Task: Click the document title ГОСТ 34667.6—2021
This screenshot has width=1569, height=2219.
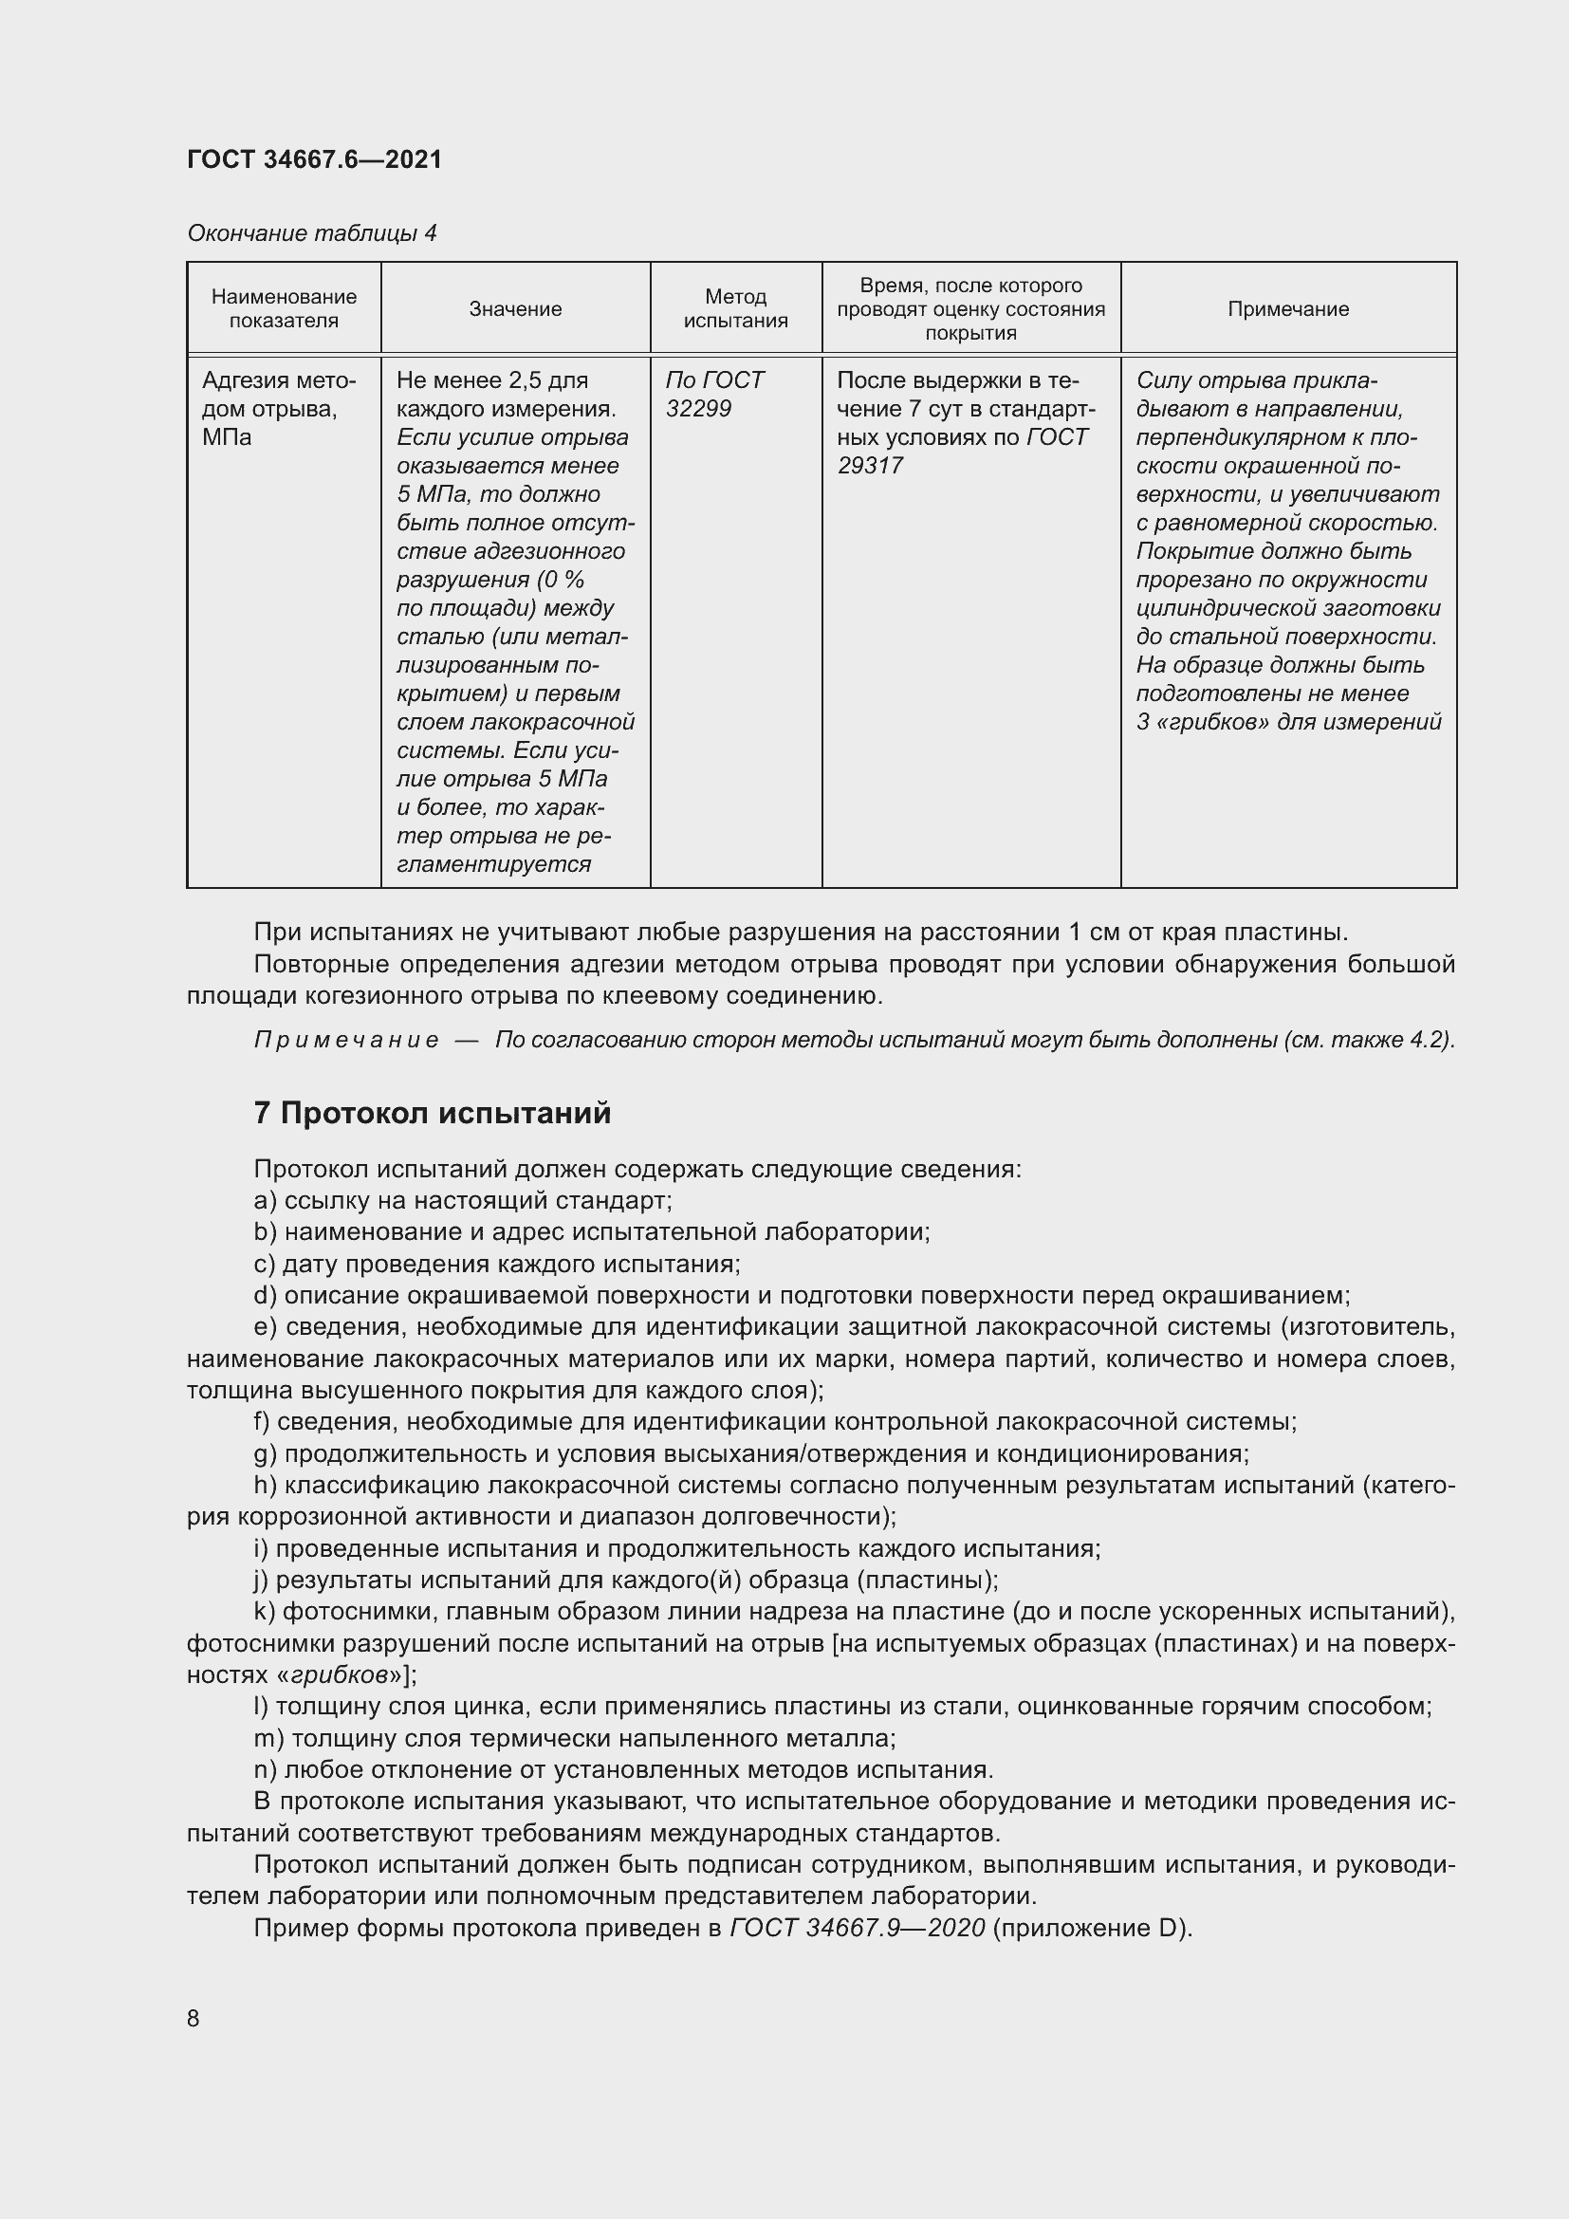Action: pyautogui.click(x=314, y=159)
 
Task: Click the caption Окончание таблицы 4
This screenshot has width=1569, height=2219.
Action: pyautogui.click(x=311, y=233)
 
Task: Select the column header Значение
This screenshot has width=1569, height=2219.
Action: pyautogui.click(x=515, y=309)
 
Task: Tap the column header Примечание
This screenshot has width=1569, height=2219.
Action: pyautogui.click(x=1288, y=309)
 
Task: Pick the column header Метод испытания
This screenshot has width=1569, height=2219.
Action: pyautogui.click(x=735, y=309)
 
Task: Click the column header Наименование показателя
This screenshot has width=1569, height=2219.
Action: pyautogui.click(x=284, y=309)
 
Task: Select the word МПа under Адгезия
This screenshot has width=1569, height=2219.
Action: pyautogui.click(x=227, y=437)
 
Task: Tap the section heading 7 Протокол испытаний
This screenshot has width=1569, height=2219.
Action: pyautogui.click(x=432, y=1114)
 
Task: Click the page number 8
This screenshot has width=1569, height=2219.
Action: pyautogui.click(x=194, y=2018)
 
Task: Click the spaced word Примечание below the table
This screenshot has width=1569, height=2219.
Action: pyautogui.click(x=346, y=1040)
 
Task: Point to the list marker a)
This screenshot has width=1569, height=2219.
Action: pyautogui.click(x=265, y=1200)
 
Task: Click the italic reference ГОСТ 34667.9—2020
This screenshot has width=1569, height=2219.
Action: pyautogui.click(x=857, y=1928)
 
